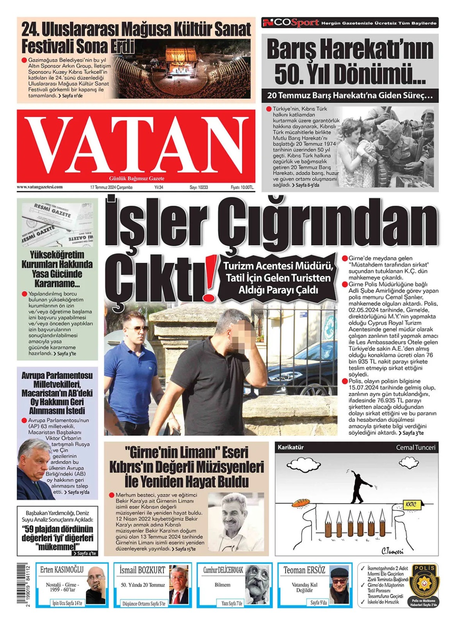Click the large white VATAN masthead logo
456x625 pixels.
136,145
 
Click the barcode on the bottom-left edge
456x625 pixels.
20,584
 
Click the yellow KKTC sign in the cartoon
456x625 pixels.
411,504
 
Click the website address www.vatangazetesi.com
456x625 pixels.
39,187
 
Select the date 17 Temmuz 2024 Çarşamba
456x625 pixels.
111,187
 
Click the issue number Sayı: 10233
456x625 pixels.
199,187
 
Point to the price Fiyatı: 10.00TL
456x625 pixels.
242,187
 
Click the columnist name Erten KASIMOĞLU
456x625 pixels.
62,570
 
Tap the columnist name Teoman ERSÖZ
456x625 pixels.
304,570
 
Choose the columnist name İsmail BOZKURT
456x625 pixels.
142,570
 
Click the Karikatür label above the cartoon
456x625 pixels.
290,447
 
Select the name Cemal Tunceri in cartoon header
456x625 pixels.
415,447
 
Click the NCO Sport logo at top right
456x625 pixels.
291,23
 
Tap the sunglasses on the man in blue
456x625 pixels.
140,329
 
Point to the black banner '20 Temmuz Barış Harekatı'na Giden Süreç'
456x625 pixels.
350,95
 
